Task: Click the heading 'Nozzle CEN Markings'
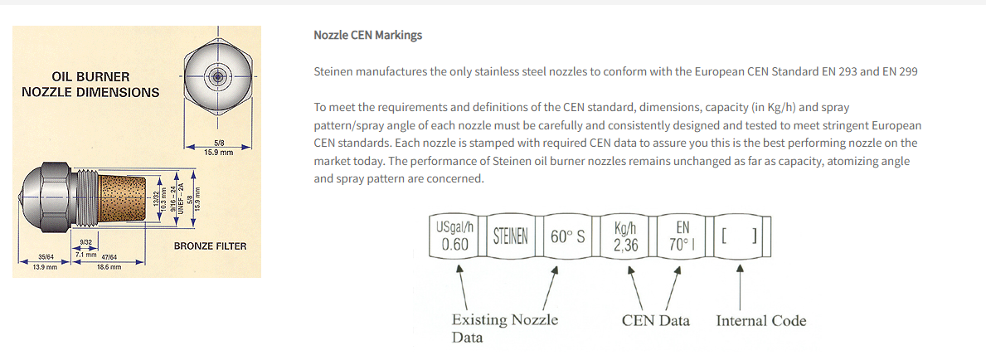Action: tap(367, 35)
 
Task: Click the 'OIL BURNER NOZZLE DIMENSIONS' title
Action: tap(90, 85)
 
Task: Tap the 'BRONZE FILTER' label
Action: tap(210, 246)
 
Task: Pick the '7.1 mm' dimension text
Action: tap(85, 254)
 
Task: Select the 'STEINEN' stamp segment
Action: tap(511, 236)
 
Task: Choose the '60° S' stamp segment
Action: tap(567, 236)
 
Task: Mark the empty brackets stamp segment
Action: tap(738, 236)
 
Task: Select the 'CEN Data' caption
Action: tap(655, 320)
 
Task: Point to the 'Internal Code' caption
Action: tap(760, 320)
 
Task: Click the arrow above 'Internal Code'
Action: tap(739, 285)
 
